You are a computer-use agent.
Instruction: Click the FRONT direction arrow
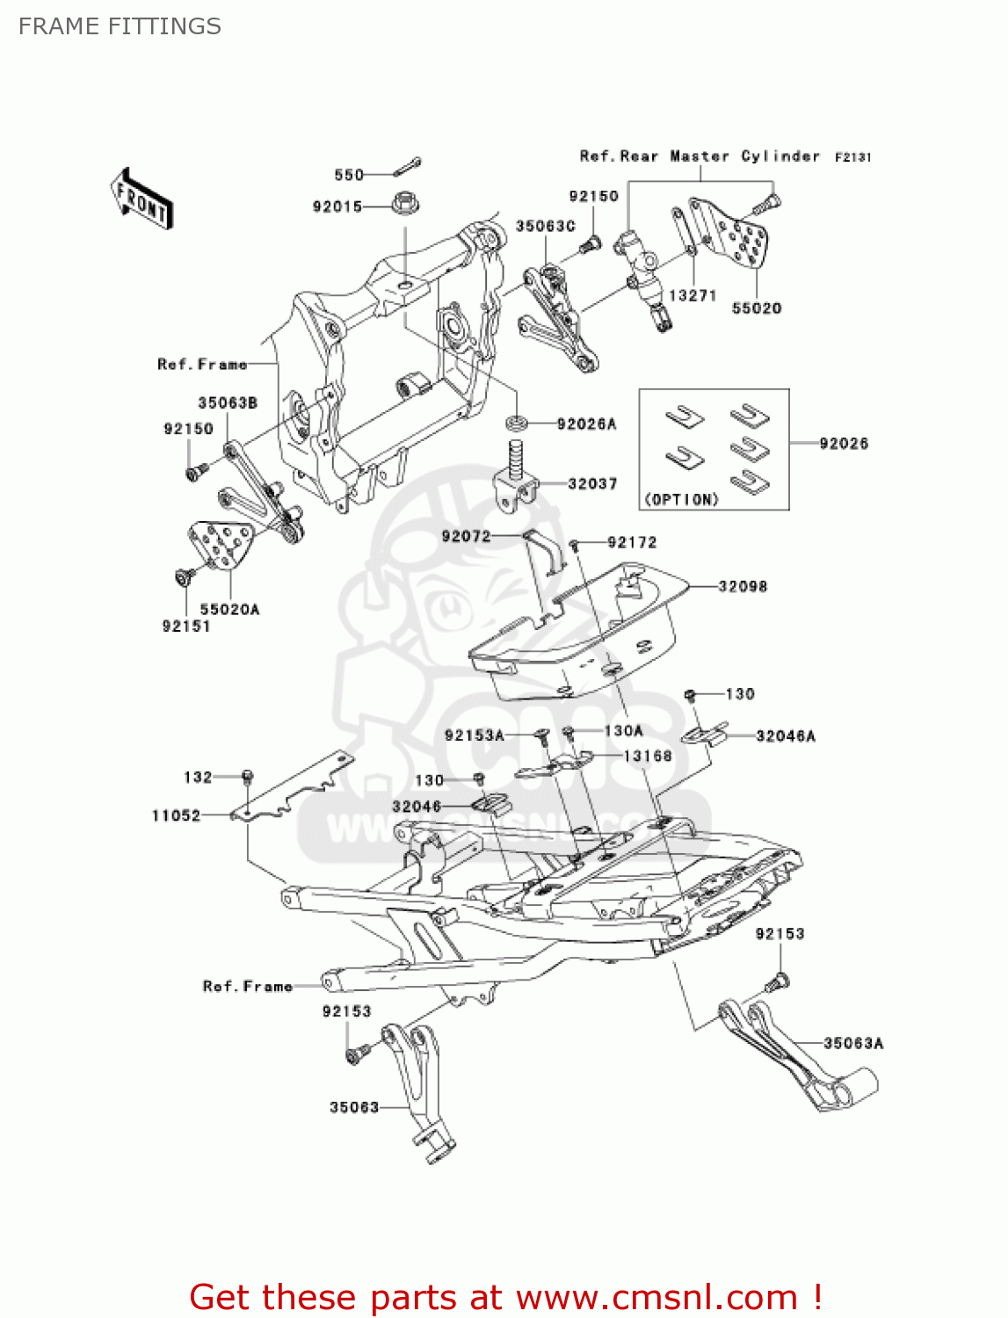tap(141, 199)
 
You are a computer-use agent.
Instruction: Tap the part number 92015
tap(337, 206)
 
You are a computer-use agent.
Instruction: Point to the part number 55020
tap(757, 308)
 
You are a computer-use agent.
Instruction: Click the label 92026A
tap(586, 424)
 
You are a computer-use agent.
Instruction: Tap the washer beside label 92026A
tap(517, 424)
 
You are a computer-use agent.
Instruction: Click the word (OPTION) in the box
tap(681, 499)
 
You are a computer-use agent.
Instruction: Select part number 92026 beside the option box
tap(844, 444)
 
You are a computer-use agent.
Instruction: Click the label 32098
tap(743, 586)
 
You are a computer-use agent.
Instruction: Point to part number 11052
tap(176, 815)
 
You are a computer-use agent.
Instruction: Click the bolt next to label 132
tap(248, 777)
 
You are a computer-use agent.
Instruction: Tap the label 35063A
tap(853, 1043)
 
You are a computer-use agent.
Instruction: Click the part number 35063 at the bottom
tap(354, 1107)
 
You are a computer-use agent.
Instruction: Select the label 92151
tap(186, 626)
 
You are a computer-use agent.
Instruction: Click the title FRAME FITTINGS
tap(120, 26)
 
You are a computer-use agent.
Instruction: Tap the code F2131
tap(852, 157)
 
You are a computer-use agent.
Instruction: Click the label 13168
tap(648, 756)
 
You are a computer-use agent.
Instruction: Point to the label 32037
tap(592, 483)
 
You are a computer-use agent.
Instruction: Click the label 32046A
tap(786, 736)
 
